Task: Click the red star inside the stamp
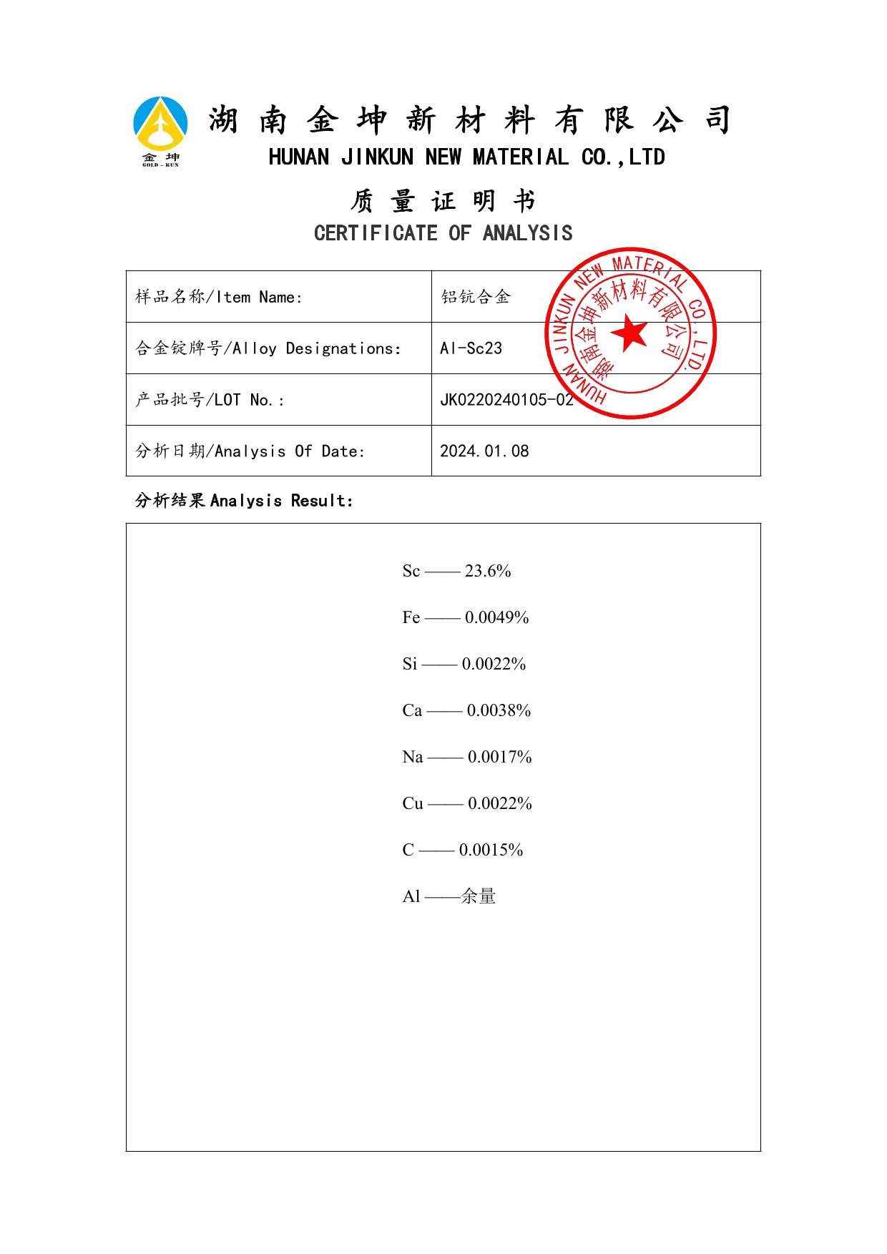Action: click(630, 333)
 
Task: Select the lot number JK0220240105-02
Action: click(506, 400)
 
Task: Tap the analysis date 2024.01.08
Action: click(484, 451)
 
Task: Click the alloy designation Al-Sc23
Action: click(471, 348)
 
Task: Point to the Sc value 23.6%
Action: click(488, 571)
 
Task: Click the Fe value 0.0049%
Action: click(496, 617)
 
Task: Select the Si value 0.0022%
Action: click(494, 664)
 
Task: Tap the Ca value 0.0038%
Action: click(499, 710)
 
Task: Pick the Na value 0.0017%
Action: click(499, 757)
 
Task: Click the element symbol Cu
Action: click(413, 803)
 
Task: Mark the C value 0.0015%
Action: click(491, 850)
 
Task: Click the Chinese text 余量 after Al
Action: click(479, 896)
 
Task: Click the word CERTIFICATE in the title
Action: click(376, 233)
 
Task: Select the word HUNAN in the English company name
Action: click(299, 157)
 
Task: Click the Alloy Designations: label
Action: click(317, 349)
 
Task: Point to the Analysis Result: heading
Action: click(282, 501)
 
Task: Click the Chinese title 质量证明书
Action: click(443, 201)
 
